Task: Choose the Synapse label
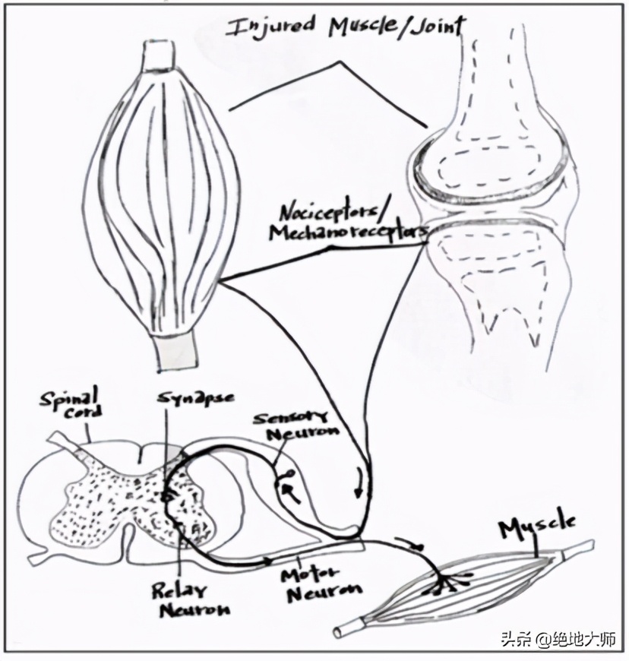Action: coord(195,397)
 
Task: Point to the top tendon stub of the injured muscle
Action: coord(160,53)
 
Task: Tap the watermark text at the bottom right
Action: coord(558,640)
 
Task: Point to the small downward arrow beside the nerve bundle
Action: coord(359,482)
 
